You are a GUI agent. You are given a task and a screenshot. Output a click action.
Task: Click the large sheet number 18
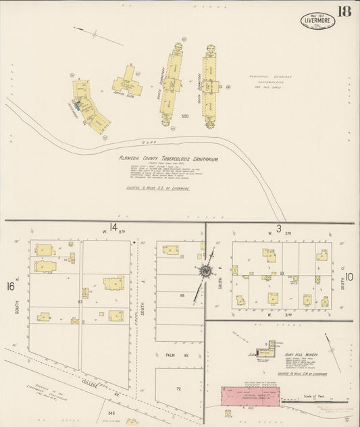click(344, 11)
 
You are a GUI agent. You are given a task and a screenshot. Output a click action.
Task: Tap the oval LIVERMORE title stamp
click(317, 20)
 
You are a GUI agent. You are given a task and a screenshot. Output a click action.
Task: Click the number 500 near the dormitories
click(184, 117)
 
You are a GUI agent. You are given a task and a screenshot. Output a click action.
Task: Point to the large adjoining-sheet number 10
click(349, 276)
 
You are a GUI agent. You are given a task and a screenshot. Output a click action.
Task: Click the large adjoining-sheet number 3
click(278, 228)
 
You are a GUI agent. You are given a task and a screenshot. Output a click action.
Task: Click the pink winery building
click(251, 396)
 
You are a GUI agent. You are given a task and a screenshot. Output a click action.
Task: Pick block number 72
click(179, 390)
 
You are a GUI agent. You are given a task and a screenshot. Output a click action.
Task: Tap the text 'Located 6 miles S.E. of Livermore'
click(162, 189)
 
